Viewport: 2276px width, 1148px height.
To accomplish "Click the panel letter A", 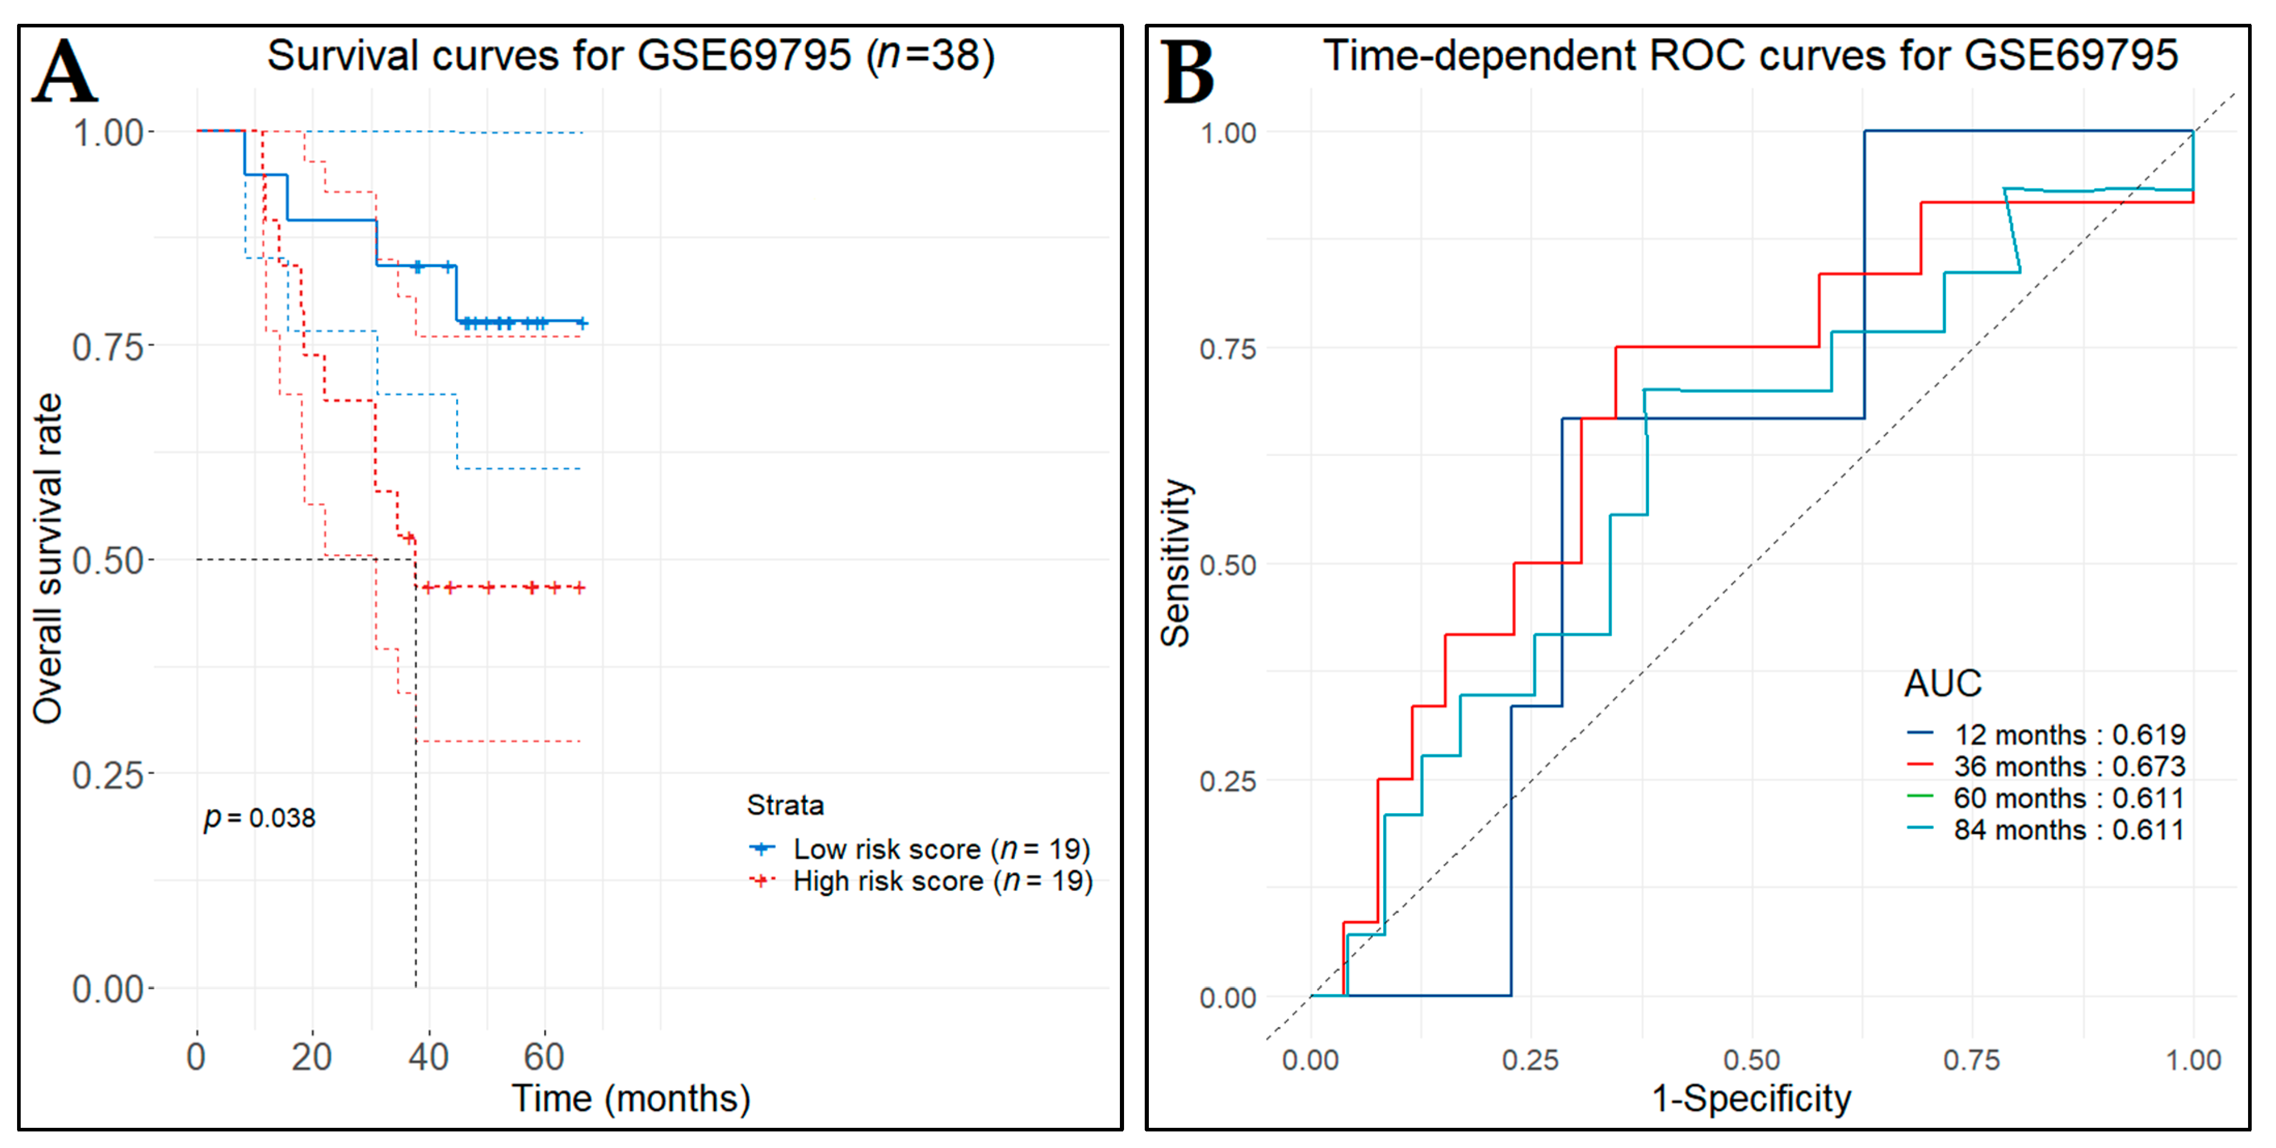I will click(x=65, y=72).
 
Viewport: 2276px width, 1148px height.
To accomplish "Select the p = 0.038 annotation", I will click(x=260, y=817).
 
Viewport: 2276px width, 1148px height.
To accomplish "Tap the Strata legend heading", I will click(x=785, y=805).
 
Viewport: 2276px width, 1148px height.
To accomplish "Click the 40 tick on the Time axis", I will click(x=428, y=1057).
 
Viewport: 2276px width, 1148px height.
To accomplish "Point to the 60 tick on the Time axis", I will click(x=544, y=1057).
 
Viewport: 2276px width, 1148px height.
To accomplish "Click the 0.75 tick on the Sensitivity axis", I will click(x=1227, y=349).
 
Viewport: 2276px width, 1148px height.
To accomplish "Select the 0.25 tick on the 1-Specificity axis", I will click(x=1530, y=1060).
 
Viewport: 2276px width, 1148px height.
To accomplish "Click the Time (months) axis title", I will click(x=631, y=1098).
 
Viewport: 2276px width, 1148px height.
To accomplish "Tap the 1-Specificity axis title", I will click(x=1751, y=1098).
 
